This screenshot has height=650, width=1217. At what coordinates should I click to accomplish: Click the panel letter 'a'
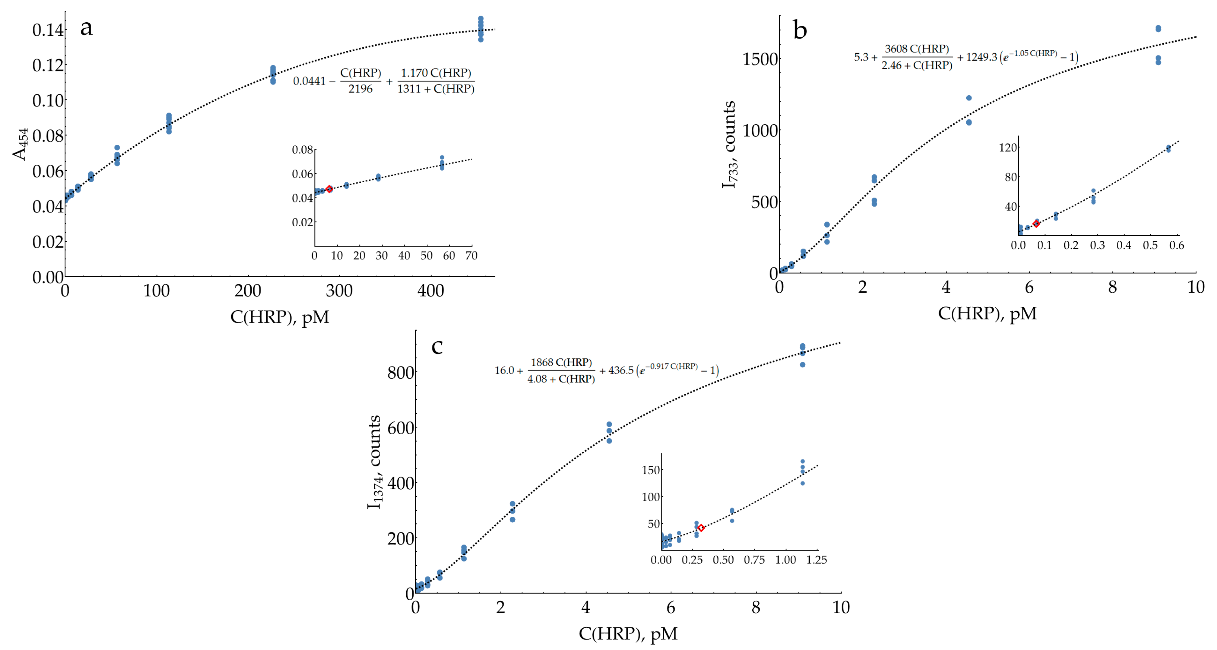86,28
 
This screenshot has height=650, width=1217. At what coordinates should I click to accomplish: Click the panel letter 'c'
437,347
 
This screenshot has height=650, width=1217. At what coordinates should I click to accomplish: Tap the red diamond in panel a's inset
329,189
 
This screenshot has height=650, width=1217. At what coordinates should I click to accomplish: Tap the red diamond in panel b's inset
1036,223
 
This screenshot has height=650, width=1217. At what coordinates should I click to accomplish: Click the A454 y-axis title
20,144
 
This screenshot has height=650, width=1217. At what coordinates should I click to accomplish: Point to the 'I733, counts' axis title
729,144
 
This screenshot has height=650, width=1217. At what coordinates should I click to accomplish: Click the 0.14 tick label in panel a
47,30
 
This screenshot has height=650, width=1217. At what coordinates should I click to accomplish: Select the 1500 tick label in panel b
760,60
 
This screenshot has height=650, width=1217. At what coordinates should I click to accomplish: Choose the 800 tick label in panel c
401,373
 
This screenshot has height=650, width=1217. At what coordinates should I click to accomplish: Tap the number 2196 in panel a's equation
360,89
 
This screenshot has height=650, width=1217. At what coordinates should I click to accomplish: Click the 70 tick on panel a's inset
471,256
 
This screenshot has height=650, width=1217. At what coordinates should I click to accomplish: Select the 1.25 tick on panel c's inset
816,560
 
